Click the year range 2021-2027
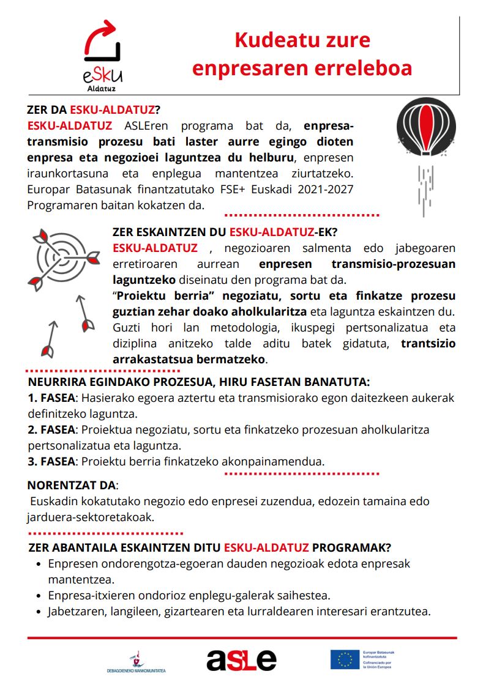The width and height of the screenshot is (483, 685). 323,190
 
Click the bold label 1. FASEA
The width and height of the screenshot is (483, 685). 51,398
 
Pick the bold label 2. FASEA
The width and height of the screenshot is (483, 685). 51,429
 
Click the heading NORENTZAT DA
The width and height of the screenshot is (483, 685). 70,486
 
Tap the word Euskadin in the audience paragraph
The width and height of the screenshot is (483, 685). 51,502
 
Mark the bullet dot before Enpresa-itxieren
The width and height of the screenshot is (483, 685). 39,595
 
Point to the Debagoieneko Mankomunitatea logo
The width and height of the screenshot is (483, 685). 136,662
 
